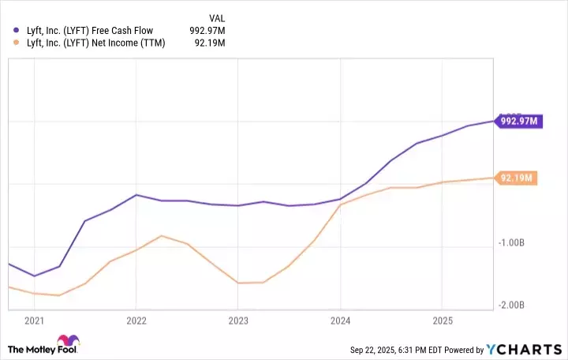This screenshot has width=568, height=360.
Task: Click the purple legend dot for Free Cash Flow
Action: (x=17, y=30)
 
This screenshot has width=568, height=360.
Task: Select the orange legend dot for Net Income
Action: (x=17, y=43)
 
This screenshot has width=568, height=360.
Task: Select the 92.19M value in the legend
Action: (x=211, y=43)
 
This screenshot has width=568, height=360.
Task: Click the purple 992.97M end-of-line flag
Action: (x=518, y=121)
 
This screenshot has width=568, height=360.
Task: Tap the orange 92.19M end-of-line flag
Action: (x=516, y=178)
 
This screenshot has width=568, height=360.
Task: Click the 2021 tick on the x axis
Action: (x=34, y=321)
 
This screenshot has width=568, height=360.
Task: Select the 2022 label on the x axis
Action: (x=136, y=321)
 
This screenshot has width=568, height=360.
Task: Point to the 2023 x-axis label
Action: (x=238, y=321)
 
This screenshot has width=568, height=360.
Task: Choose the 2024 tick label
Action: (x=340, y=321)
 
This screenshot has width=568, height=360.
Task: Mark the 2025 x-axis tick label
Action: (x=442, y=321)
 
